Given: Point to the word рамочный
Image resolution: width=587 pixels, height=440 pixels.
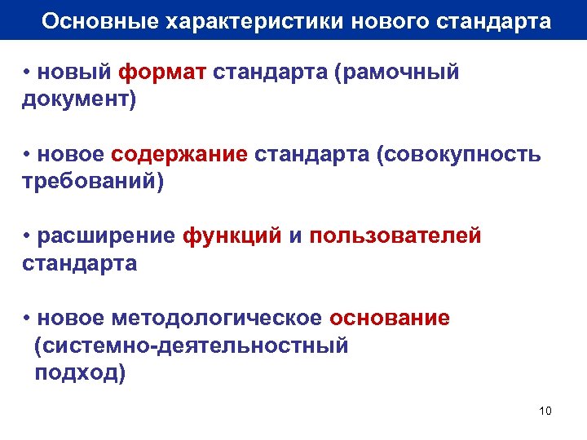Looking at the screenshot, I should pos(399,73).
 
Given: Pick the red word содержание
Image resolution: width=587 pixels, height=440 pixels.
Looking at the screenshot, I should pos(179,155).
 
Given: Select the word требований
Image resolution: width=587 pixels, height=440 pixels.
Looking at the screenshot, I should pos(89,182).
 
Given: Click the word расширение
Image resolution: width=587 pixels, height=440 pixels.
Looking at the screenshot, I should pos(106,236).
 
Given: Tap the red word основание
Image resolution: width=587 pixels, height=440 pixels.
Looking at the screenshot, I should pos(390,318).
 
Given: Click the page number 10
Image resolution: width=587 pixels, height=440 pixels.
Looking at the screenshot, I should pos(545,411).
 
